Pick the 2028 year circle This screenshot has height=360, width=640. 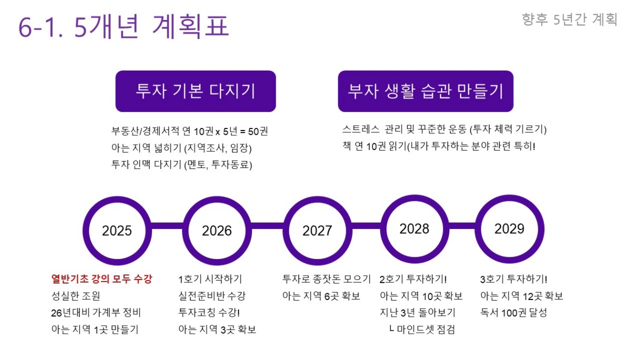415,198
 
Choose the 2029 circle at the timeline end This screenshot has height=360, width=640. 509,198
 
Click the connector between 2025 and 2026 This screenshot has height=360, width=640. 167,226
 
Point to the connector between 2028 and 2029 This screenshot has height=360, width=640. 462,226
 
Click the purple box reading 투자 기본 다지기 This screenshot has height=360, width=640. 196,91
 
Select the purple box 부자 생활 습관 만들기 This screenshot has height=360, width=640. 426,91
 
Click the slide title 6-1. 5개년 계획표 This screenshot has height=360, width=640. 124,26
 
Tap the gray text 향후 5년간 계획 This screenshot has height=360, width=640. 570,19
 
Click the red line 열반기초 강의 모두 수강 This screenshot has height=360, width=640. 102,279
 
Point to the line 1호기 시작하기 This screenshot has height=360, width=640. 211,279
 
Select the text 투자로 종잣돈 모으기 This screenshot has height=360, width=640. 326,279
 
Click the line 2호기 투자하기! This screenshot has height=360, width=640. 413,279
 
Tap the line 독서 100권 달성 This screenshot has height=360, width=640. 514,313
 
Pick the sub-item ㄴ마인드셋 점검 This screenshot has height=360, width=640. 422,329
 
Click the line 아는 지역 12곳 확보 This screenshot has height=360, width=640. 522,296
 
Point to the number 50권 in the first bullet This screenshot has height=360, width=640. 258,132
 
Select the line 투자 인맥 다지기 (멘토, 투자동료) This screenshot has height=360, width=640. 182,165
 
